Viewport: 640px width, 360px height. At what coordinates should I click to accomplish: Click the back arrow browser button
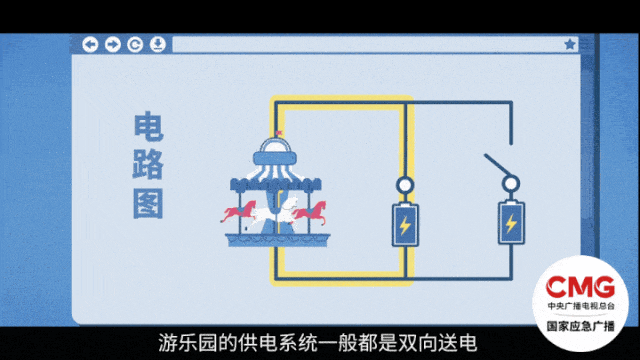[90, 45]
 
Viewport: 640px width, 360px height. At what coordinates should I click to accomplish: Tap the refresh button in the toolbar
[135, 45]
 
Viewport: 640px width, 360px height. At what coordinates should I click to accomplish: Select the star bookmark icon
[570, 45]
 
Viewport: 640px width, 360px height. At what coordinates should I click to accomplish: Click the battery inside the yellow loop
[404, 226]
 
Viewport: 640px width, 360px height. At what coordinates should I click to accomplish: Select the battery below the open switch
[511, 224]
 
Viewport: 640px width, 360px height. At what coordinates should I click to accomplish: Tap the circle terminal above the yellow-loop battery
[404, 186]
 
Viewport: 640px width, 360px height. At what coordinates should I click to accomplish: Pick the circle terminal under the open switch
[511, 184]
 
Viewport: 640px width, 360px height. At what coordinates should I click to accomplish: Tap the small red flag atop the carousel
[281, 133]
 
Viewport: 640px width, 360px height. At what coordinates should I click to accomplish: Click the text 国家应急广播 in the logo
[586, 326]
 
